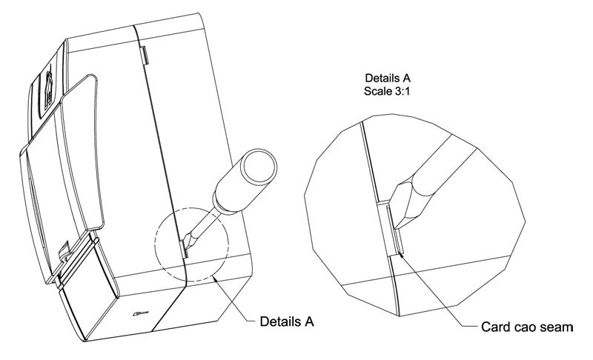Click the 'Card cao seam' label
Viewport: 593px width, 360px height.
pos(527,327)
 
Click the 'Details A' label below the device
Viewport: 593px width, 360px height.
pos(287,321)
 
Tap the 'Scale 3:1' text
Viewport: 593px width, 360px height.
pos(387,91)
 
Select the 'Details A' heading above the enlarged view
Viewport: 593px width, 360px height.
pos(388,79)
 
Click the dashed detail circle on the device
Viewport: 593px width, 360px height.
pos(192,244)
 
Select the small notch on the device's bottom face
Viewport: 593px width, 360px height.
pos(140,313)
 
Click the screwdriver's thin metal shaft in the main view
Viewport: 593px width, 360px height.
pos(202,222)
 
